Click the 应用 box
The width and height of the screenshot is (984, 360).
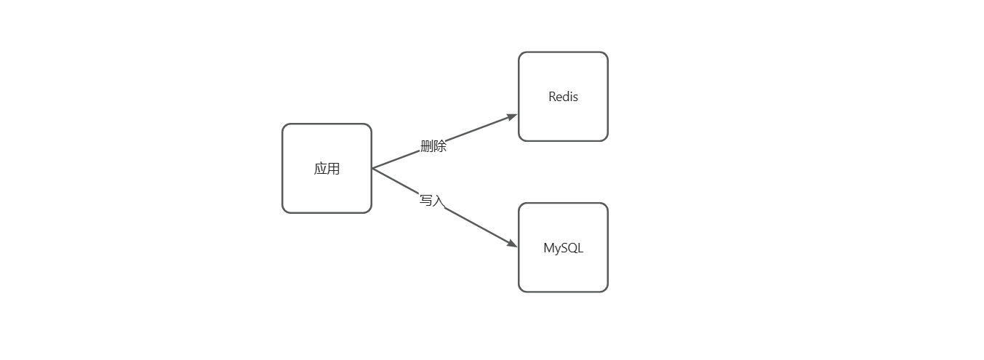[327, 168]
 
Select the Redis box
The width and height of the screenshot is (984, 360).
[563, 96]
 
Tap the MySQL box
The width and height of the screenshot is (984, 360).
[563, 247]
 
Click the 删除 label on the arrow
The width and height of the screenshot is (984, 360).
[433, 146]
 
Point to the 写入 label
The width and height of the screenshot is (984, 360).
[431, 200]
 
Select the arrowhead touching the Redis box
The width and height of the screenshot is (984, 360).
[512, 116]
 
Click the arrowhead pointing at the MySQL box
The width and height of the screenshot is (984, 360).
[512, 244]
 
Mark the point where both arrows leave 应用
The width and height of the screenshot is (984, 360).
[372, 168]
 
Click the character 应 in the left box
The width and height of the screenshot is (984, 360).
[321, 169]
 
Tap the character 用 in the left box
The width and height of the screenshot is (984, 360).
[333, 169]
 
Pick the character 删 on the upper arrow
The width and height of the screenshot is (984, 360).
[427, 146]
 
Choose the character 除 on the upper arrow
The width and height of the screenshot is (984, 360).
[440, 146]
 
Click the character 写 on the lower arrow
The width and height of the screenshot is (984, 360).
[425, 200]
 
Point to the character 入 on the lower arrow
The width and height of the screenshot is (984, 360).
[437, 201]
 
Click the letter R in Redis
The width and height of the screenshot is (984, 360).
[552, 97]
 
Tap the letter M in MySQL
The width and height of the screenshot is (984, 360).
[548, 248]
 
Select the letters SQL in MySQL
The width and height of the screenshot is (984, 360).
[573, 248]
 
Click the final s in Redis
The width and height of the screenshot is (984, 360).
[575, 97]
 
